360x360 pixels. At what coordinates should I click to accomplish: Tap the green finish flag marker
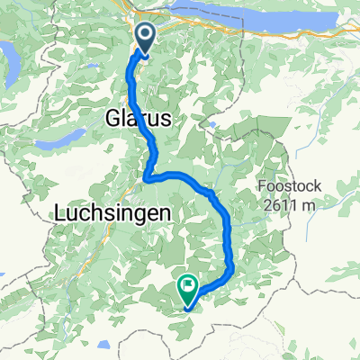[x=188, y=288]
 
